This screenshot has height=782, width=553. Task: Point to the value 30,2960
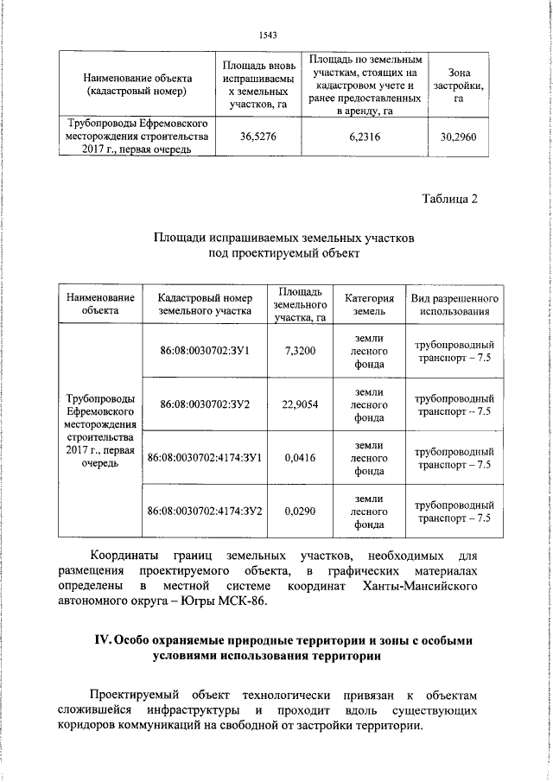tap(458, 136)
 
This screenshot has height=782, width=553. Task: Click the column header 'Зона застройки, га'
tap(458, 86)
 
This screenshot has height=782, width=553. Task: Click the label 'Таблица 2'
tap(449, 200)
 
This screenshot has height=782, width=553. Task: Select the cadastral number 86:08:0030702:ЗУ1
tap(205, 351)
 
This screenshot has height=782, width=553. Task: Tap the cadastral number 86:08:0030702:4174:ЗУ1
tap(205, 458)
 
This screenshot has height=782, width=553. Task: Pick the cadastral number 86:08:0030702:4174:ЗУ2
tap(205, 512)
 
